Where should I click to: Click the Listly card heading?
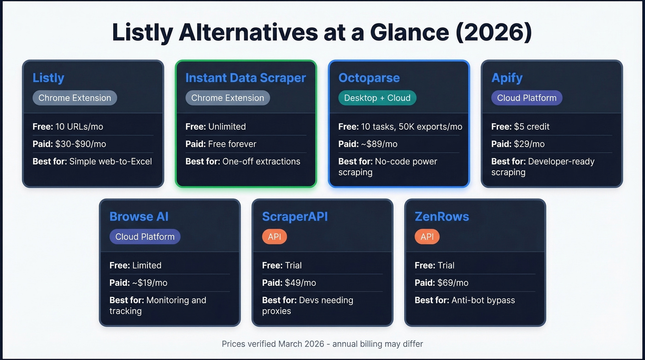pyautogui.click(x=48, y=78)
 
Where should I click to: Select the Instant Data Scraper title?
pyautogui.click(x=246, y=78)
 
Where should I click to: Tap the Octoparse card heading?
pyautogui.click(x=369, y=78)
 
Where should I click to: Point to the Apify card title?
pyautogui.click(x=507, y=78)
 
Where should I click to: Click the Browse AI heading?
pyautogui.click(x=139, y=217)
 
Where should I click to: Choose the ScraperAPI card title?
pyautogui.click(x=295, y=217)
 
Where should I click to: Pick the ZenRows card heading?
pyautogui.click(x=442, y=217)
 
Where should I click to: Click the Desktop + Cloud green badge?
pyautogui.click(x=377, y=98)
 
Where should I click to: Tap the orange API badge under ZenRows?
pyautogui.click(x=427, y=237)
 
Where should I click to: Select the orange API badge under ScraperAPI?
pyautogui.click(x=275, y=237)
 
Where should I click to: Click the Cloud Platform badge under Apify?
pyautogui.click(x=527, y=98)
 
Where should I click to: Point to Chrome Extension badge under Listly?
pyautogui.click(x=75, y=98)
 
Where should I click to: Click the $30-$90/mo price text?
pyautogui.click(x=81, y=144)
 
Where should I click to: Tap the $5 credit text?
pyautogui.click(x=532, y=126)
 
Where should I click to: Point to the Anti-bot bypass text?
pyautogui.click(x=483, y=300)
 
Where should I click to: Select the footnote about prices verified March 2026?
pyautogui.click(x=322, y=344)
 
